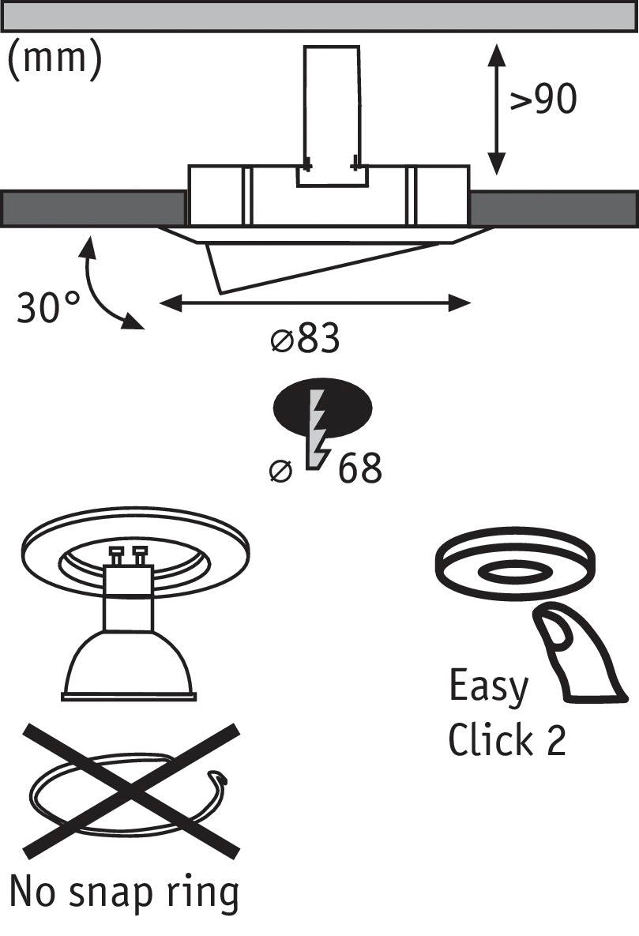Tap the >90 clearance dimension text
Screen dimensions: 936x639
click(x=543, y=100)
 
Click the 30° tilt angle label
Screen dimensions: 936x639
click(x=48, y=306)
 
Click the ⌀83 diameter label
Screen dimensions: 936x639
click(x=305, y=340)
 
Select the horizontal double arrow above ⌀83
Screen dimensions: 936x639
click(x=315, y=302)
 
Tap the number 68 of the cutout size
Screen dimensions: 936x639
click(x=360, y=469)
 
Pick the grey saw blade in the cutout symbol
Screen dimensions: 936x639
click(x=318, y=430)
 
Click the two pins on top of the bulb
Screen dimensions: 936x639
click(x=130, y=554)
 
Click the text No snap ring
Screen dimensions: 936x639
click(x=124, y=893)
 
